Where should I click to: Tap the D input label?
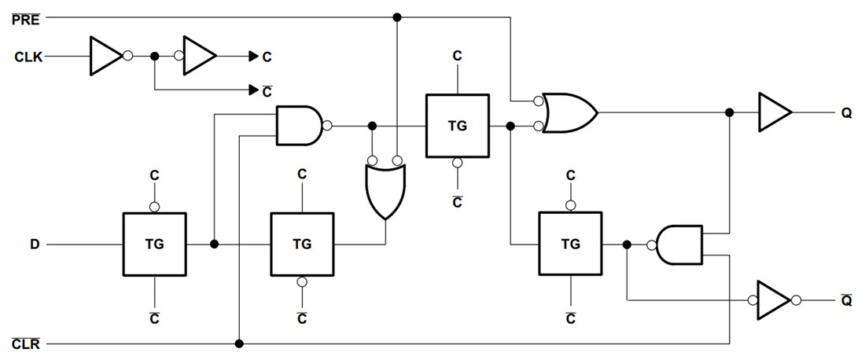(35, 244)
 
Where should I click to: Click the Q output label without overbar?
(846, 112)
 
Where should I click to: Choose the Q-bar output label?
(846, 301)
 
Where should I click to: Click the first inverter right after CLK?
(105, 57)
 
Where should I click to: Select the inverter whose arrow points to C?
(200, 57)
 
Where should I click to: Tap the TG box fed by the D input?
(154, 244)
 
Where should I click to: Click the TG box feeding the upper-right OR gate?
(457, 126)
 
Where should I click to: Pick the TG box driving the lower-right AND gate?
(570, 244)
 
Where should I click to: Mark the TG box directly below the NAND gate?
(302, 244)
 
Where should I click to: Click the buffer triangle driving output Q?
(774, 112)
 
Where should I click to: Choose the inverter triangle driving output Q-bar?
(775, 301)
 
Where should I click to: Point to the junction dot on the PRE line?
(397, 17)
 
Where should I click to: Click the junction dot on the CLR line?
(239, 343)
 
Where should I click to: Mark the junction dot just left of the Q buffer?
(730, 112)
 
